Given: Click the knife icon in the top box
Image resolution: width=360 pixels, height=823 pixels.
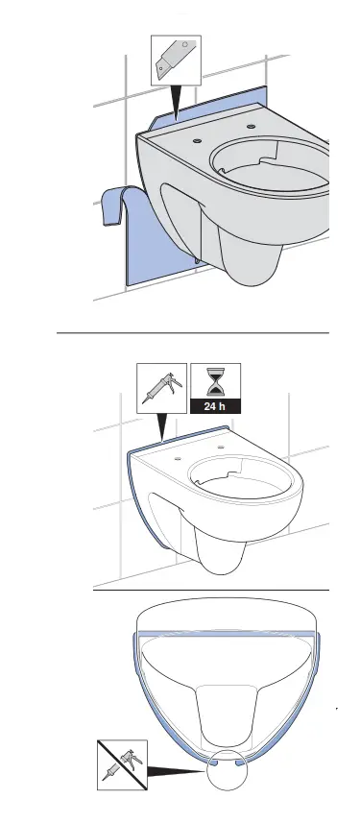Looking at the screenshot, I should tap(176, 59).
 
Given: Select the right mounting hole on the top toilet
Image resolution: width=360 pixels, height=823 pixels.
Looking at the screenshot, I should tap(252, 126).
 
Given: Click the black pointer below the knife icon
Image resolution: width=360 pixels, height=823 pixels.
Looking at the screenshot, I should tap(176, 101).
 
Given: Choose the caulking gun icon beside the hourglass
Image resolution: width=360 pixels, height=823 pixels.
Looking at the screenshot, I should tap(161, 388).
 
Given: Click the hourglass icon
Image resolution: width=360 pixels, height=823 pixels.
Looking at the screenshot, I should tap(216, 382).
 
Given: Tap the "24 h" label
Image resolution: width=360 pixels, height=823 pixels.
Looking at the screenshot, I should tap(216, 406).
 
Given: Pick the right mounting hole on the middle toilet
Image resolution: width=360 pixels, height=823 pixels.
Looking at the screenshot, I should tap(222, 448).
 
